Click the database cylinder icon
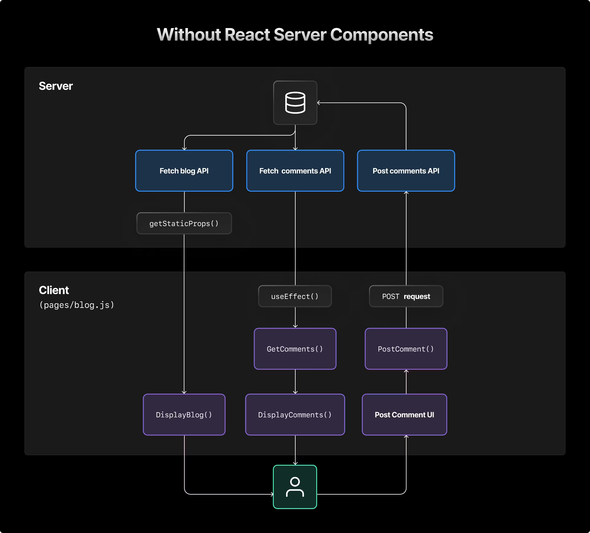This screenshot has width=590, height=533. coord(295,103)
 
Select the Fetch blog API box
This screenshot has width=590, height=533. coord(184,171)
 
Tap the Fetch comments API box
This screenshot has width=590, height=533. coord(295,171)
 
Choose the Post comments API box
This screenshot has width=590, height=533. coord(406,171)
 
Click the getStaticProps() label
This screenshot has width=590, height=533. coord(184,224)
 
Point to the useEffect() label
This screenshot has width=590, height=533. coord(295,296)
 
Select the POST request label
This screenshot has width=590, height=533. coord(406,296)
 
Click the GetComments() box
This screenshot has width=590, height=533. coord(295,349)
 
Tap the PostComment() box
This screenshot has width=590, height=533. coord(406,349)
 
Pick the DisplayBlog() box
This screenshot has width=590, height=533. coord(184,415)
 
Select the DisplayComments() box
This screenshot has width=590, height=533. coord(295,415)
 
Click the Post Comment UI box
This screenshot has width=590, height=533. coord(404,415)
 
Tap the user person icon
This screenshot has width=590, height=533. coord(295,487)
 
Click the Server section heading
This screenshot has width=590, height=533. coord(56,86)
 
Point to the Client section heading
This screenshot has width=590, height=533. coord(54,290)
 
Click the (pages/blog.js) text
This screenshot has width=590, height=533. coord(77,305)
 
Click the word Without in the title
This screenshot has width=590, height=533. coord(189,35)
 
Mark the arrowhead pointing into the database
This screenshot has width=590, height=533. coord(319,103)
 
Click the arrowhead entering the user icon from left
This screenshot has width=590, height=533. coord(272,494)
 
